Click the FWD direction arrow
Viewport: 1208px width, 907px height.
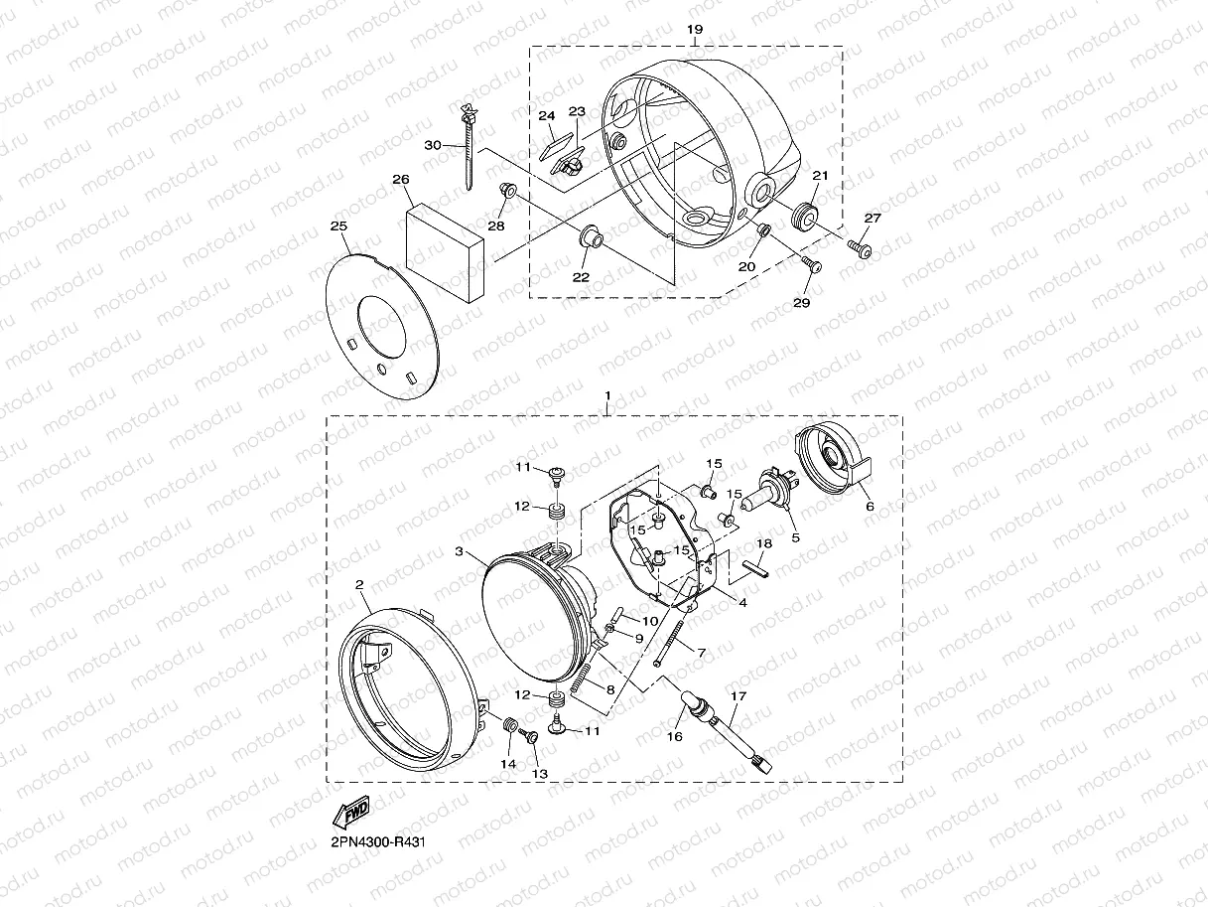pos(351,812)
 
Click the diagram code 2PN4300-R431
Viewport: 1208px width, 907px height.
pos(378,842)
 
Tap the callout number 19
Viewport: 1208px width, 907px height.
pos(695,29)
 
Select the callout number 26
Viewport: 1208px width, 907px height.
pos(401,179)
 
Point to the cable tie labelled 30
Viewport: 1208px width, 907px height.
pos(469,146)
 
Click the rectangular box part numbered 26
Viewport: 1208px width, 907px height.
pos(445,252)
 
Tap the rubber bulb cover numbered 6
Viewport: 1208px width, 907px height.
pos(832,457)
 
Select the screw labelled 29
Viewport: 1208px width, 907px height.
pos(812,265)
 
